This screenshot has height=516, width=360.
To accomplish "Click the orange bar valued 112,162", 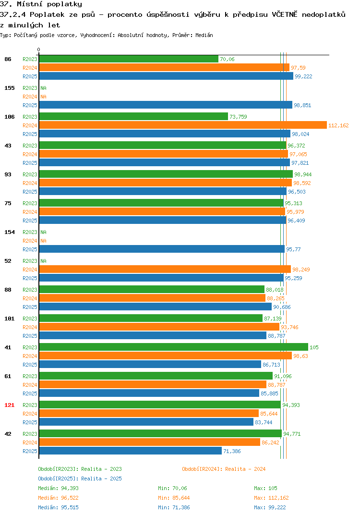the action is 183,125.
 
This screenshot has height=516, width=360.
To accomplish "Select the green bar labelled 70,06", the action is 129,59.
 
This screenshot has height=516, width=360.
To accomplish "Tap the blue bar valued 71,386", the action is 131,451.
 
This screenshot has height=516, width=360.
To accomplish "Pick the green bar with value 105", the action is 174,347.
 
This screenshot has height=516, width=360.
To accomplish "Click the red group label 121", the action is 10,405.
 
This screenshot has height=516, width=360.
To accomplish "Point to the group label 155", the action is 10,88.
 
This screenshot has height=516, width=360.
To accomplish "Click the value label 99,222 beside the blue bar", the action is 303,76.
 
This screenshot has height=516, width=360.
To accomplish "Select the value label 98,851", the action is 302,105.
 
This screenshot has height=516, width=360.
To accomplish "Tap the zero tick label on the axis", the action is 39,49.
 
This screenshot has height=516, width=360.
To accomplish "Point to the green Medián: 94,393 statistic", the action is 58,488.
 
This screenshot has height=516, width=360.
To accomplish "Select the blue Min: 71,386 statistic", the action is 174,507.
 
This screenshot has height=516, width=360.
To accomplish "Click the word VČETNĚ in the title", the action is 284,14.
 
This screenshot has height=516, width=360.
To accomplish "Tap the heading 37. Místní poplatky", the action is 41,4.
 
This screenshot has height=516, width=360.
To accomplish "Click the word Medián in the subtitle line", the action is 204,35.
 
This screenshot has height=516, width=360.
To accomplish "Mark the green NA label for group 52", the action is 43,261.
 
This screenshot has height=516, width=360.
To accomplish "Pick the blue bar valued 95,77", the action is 162,249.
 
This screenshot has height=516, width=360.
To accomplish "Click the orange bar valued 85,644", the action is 149,413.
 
